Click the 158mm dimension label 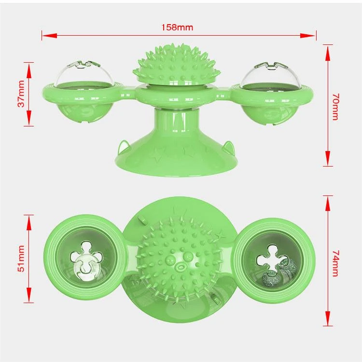[177, 27]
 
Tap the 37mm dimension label [21, 94]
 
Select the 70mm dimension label [335, 107]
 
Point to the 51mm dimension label [21, 258]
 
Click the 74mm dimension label [335, 263]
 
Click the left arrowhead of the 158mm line [49, 36]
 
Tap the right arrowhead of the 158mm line [308, 36]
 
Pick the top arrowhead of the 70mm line [328, 53]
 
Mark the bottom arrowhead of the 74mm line [328, 318]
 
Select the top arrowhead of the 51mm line [29, 223]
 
